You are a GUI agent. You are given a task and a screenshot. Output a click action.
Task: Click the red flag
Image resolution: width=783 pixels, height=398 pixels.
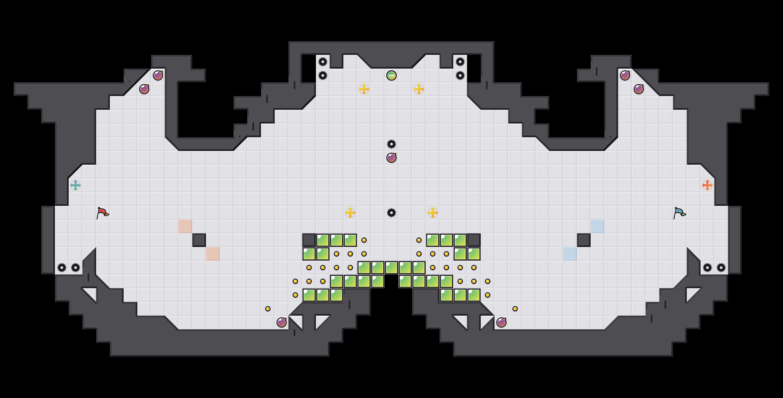pyautogui.click(x=102, y=213)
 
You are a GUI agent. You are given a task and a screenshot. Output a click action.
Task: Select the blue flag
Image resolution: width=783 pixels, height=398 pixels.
pyautogui.click(x=679, y=213)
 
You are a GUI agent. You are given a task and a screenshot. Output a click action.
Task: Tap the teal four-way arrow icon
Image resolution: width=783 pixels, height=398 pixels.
pyautogui.click(x=76, y=185)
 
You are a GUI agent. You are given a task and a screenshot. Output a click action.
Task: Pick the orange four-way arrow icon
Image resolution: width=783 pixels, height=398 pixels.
pyautogui.click(x=707, y=185)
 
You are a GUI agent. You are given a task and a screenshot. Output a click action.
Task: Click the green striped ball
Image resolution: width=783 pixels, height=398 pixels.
pyautogui.click(x=391, y=75)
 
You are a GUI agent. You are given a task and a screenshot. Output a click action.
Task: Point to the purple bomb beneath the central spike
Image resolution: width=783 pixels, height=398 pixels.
pyautogui.click(x=391, y=158)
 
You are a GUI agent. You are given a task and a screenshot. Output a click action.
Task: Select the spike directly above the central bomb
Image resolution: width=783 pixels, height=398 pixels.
pyautogui.click(x=391, y=144)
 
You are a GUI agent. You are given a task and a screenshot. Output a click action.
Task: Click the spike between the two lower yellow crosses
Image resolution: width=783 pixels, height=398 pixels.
pyautogui.click(x=391, y=213)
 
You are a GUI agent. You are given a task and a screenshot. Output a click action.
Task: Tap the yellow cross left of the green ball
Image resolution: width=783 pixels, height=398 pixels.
pyautogui.click(x=364, y=89)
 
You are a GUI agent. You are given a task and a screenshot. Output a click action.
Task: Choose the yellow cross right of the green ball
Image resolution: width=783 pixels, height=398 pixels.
pyautogui.click(x=419, y=89)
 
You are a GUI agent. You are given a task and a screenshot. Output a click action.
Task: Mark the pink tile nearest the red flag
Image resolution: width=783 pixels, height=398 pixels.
pyautogui.click(x=185, y=226)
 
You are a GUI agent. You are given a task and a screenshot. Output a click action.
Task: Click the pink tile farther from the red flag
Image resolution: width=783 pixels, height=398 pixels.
pyautogui.click(x=213, y=254)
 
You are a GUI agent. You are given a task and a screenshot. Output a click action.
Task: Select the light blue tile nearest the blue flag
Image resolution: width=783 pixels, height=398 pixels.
pyautogui.click(x=598, y=226)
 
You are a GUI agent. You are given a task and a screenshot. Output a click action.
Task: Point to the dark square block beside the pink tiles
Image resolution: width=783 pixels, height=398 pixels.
pyautogui.click(x=199, y=240)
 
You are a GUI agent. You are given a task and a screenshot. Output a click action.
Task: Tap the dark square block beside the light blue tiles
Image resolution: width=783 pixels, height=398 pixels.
pyautogui.click(x=584, y=240)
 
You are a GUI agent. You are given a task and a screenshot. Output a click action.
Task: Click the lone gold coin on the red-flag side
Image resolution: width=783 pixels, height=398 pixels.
pyautogui.click(x=268, y=309)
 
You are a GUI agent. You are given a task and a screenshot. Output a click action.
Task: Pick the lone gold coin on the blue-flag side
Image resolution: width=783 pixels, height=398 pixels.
pyautogui.click(x=515, y=309)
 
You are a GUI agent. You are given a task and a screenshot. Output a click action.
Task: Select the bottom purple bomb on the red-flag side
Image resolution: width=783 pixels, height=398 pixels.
pyautogui.click(x=282, y=323)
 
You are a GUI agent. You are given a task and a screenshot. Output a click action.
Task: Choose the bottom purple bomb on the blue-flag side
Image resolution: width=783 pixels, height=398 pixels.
pyautogui.click(x=501, y=323)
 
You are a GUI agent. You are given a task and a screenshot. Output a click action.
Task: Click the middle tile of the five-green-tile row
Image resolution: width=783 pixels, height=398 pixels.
pyautogui.click(x=391, y=268)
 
